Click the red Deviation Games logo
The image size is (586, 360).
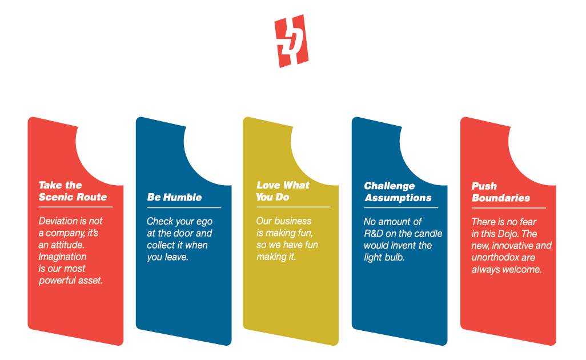(291, 41)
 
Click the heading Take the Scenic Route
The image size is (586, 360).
(73, 191)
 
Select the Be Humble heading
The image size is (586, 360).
(174, 197)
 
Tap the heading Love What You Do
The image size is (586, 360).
(283, 191)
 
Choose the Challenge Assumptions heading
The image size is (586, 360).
(398, 191)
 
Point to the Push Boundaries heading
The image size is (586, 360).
(500, 192)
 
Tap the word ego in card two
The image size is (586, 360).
(204, 221)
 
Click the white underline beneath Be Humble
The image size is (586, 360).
(183, 207)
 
